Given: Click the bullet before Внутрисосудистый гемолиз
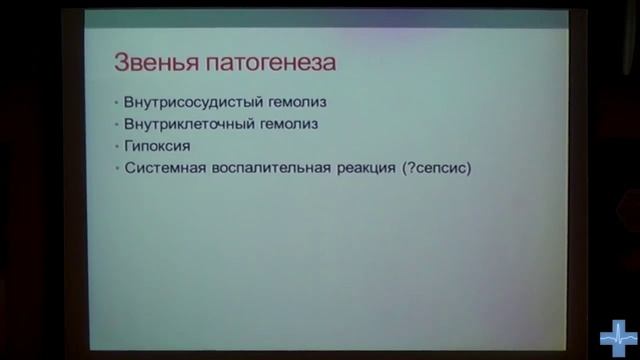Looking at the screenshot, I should pyautogui.click(x=117, y=103).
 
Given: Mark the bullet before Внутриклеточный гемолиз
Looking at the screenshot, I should pyautogui.click(x=117, y=125).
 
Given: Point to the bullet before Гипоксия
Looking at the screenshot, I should pyautogui.click(x=117, y=146).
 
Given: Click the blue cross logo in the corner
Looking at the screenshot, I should pyautogui.click(x=617, y=338).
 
